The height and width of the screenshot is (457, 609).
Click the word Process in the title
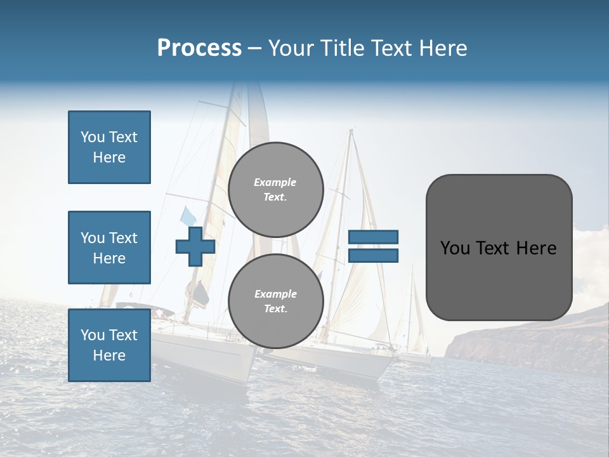tap(199, 48)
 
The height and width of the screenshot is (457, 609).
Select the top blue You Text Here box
tap(109, 147)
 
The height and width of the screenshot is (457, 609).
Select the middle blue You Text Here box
tap(109, 248)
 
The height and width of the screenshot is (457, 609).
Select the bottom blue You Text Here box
tap(109, 345)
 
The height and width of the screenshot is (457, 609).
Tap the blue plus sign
tap(195, 246)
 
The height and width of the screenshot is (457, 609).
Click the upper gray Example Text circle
tap(275, 190)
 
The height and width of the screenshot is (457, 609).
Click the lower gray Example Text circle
tap(275, 301)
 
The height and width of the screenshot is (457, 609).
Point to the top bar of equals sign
tap(373, 237)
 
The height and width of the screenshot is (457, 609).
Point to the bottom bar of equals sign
tap(373, 255)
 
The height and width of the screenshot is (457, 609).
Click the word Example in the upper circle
tap(275, 182)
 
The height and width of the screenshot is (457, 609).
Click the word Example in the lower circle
tap(275, 294)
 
